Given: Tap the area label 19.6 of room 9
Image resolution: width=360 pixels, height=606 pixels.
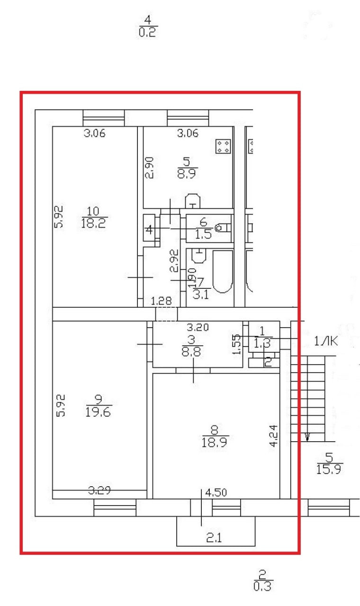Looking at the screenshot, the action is point(99,412).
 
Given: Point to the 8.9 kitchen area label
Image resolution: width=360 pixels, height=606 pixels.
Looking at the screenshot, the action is point(188,174).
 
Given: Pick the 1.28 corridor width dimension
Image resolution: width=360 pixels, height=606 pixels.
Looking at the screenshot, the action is point(160,301).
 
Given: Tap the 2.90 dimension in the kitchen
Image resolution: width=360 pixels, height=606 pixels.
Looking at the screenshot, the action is point(149,168).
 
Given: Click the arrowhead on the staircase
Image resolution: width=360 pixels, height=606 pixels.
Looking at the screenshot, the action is point(307,437).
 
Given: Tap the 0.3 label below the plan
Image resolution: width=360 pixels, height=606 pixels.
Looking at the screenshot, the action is point(262,587).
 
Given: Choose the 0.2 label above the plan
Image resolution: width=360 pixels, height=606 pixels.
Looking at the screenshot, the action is point(148,32).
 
